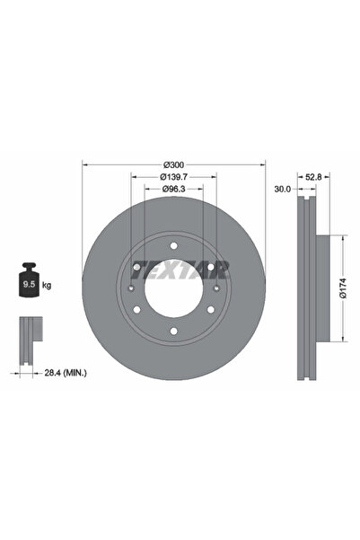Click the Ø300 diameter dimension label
coord(174,164)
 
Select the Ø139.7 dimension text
coord(174,178)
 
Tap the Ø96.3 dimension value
coord(174,190)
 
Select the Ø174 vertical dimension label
coord(343,288)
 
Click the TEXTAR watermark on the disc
coord(180,268)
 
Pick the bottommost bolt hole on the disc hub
coord(174,338)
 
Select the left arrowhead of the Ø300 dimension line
coord(85,164)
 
